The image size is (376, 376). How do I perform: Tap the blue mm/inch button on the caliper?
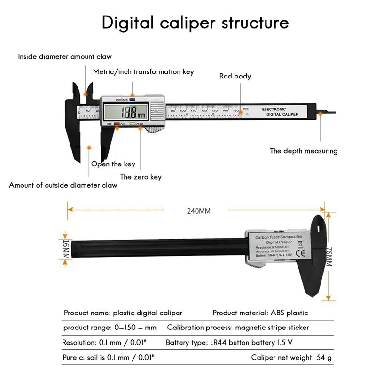(x=133, y=100)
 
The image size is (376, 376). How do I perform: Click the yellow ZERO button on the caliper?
(x=133, y=124)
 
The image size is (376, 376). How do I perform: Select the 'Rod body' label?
(x=235, y=76)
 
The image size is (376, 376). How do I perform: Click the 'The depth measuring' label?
(x=304, y=151)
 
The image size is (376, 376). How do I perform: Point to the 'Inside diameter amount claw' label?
(x=65, y=57)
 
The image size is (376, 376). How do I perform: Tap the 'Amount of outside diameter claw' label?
(x=63, y=185)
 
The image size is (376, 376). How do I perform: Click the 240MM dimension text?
(x=198, y=211)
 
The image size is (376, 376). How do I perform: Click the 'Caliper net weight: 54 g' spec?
(x=291, y=357)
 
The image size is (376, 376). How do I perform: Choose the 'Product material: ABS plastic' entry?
(x=260, y=313)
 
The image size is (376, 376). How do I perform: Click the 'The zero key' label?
(x=141, y=177)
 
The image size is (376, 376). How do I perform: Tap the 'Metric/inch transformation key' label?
(x=143, y=72)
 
